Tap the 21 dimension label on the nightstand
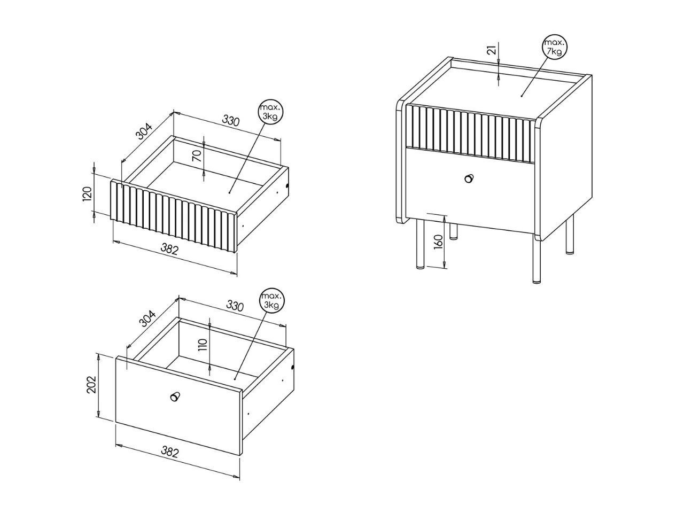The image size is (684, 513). coord(491,50)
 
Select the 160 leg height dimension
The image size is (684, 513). coord(438,242)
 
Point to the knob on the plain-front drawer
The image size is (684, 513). coord(175,397)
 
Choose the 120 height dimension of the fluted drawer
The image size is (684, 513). coord(87,194)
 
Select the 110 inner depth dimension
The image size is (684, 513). coord(203,345)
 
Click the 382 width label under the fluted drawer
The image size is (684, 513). coord(169,249)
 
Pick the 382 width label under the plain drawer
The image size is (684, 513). coord(170,452)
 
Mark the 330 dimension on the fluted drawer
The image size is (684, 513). coord(231,121)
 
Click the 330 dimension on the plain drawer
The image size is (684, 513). coord(235,306)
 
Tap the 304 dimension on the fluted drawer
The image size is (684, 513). coord(144,131)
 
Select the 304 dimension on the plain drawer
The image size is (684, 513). coord(147,318)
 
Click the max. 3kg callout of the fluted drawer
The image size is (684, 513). coord(271,112)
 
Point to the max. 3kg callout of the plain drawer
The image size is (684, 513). coord(272,300)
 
